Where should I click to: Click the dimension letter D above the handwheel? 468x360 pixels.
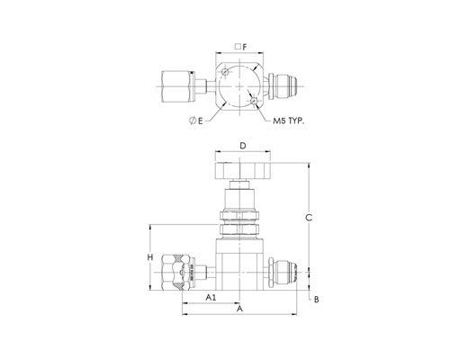coord(243,146)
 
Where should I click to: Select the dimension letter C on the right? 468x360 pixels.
coord(309,218)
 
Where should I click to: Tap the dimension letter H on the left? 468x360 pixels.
coord(150,257)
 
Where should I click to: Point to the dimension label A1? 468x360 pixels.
coord(211,297)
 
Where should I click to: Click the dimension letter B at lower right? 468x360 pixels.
coord(317,300)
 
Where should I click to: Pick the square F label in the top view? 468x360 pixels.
coord(241,47)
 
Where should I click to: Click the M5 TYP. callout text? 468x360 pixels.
coord(289,121)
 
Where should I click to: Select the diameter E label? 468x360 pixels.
coord(196,121)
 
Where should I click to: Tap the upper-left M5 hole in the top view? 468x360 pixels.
coord(225,72)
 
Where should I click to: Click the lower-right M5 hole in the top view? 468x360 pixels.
coord(254,101)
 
